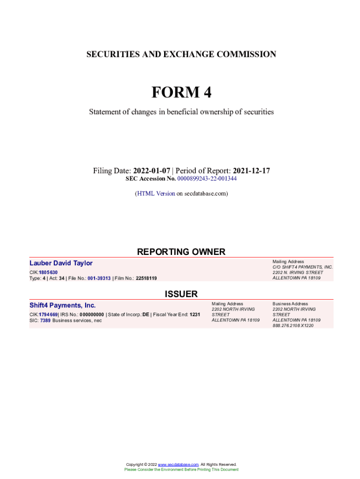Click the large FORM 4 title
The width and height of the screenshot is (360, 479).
tap(181, 93)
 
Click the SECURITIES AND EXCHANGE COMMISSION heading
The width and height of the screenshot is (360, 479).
tap(181, 54)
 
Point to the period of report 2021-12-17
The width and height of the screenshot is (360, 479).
tap(252, 171)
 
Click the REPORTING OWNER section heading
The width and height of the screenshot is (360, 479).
tap(181, 252)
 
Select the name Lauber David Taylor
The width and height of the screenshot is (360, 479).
tap(61, 263)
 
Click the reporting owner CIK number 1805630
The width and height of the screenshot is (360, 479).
tap(48, 272)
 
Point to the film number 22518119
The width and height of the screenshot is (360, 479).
tap(146, 278)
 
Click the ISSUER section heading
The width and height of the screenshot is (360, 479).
tap(181, 294)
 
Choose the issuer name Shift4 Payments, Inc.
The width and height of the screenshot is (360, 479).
tap(63, 305)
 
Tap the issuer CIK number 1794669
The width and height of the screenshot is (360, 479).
tap(48, 315)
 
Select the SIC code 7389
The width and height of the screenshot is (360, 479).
tap(45, 320)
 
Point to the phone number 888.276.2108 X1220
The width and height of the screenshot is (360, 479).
tap(293, 326)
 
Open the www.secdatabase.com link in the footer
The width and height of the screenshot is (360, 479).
tap(179, 464)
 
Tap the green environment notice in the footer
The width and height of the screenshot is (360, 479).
tap(181, 470)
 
